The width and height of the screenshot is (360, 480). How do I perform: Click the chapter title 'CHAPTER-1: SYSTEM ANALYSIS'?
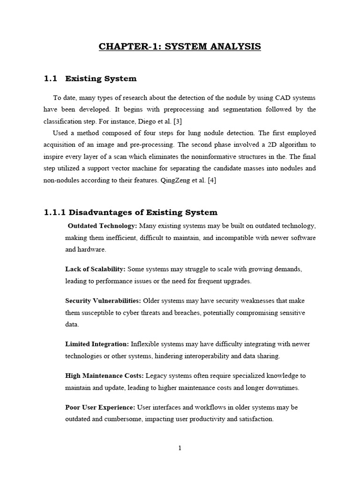point(180,46)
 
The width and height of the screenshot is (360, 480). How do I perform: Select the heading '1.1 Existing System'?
point(90,79)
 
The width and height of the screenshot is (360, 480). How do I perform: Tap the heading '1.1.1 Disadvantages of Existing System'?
point(131,213)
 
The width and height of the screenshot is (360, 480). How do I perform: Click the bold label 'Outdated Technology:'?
point(103,226)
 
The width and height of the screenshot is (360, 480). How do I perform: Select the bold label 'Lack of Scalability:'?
point(95,269)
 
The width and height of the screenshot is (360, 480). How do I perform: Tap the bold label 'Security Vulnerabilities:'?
point(103,300)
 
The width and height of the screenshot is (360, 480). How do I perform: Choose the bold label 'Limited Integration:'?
point(97,344)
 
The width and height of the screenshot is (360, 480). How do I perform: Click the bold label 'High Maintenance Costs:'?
point(105,376)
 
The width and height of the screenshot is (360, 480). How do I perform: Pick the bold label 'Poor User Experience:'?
point(100,407)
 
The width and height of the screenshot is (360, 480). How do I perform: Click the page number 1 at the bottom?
point(180,448)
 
